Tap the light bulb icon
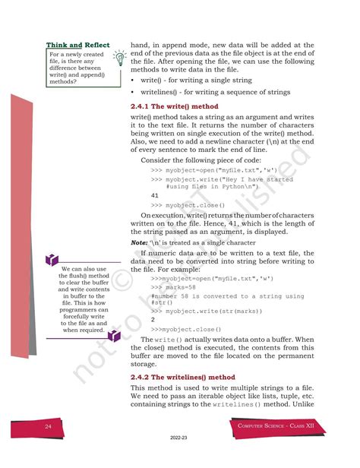click(118, 58)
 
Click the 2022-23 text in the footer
click(179, 459)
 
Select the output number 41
click(155, 195)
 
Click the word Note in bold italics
click(140, 243)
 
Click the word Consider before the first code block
click(158, 160)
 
